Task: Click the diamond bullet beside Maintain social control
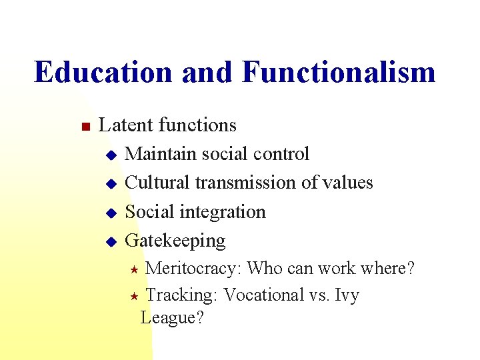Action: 111,155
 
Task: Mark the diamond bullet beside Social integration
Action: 111,213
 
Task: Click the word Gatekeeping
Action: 175,241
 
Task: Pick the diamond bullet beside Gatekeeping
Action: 111,241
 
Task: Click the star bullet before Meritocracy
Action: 134,270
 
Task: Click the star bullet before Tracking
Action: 134,296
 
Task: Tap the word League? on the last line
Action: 172,318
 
